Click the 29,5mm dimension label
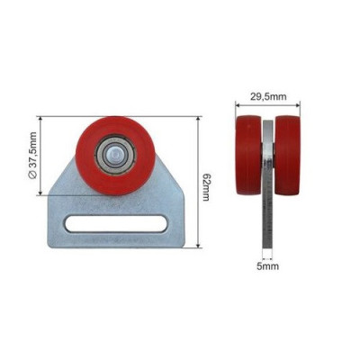pyautogui.click(x=268, y=96)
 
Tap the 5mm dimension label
pyautogui.click(x=267, y=266)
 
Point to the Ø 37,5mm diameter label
pyautogui.click(x=32, y=156)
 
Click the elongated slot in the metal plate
pyautogui.click(x=115, y=223)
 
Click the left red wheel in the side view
pyautogui.click(x=248, y=155)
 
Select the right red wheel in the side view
pyautogui.click(x=287, y=155)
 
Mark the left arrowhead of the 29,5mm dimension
pyautogui.click(x=238, y=105)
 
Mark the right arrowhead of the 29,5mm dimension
pyautogui.click(x=298, y=105)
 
